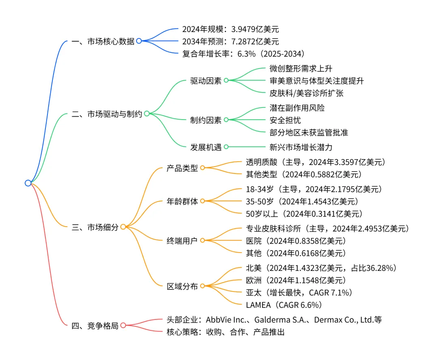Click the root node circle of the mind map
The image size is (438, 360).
coord(28,183)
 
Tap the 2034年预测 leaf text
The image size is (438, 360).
coord(230,41)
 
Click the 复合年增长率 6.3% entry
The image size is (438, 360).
coord(243,54)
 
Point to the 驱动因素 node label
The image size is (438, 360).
coord(206,81)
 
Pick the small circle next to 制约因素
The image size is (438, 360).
coord(226,120)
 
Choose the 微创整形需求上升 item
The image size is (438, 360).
coord(301,69)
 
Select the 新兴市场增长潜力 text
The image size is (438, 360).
coord(301,147)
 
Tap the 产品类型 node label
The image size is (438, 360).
coord(182,168)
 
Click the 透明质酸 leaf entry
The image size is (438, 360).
coord(315,162)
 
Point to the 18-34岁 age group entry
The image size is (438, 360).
coord(314,189)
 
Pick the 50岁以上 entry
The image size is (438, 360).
coord(304,213)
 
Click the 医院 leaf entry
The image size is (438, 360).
coord(296,241)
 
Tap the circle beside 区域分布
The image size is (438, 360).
coord(202,286)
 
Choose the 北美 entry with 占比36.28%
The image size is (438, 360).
coord(320,268)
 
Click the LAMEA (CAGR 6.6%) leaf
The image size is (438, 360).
coord(283,304)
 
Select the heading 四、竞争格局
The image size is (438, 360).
coord(94,326)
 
